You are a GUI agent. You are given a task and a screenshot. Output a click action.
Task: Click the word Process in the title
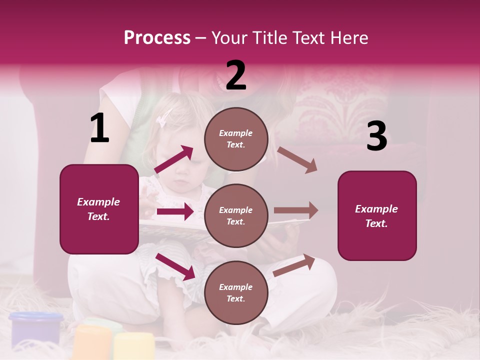pos(157,38)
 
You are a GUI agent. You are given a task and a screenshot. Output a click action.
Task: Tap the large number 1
pos(99,128)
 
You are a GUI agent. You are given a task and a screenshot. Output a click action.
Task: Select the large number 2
pos(236,75)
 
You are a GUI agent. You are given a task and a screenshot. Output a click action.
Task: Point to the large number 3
pos(377,136)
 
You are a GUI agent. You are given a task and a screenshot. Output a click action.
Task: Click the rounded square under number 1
pos(99,209)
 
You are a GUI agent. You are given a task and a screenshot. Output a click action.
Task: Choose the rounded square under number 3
pos(377,215)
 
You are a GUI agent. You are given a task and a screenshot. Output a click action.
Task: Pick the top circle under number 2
pos(236,139)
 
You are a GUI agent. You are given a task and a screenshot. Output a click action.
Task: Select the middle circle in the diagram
pos(236,215)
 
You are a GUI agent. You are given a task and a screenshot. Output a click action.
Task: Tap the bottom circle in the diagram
pos(236,292)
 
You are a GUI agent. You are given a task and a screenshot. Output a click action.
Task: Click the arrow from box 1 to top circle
pos(174,159)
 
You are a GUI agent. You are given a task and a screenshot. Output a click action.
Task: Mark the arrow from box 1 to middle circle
pos(175,211)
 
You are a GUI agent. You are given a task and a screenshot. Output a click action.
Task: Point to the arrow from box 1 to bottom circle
pos(175,266)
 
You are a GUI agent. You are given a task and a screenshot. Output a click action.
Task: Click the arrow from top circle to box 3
pos(297,160)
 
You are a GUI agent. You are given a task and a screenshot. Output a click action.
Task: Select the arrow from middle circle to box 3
pos(296,210)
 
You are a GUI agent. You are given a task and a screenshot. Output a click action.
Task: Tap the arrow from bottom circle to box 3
pos(294,265)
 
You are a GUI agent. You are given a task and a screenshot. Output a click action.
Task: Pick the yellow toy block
pos(134,345)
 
